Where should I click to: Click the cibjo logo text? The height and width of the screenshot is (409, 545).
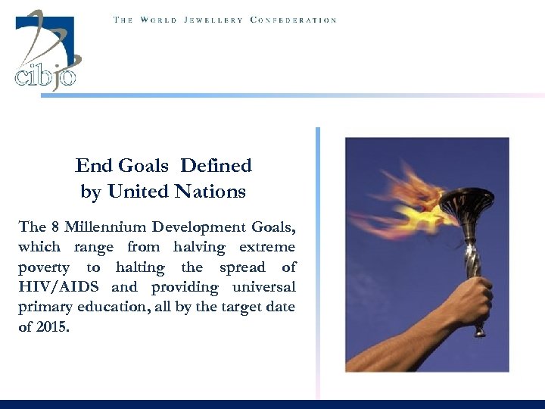pyautogui.click(x=45, y=76)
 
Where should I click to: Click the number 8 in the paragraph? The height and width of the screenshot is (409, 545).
pyautogui.click(x=58, y=227)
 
